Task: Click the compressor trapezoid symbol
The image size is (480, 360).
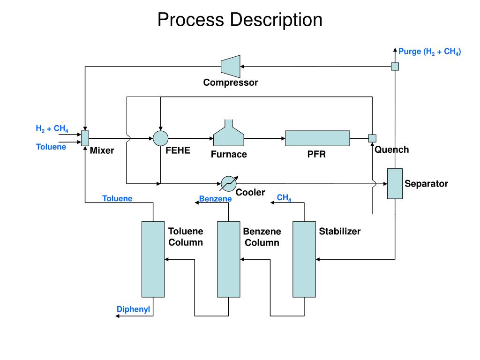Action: click(231, 67)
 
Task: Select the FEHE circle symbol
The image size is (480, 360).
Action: click(161, 138)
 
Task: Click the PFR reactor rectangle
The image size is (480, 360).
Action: click(317, 138)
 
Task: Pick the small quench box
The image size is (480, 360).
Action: click(372, 138)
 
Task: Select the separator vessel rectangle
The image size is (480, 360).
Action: click(395, 184)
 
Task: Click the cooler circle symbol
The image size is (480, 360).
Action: click(229, 184)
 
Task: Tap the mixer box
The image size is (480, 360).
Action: click(85, 138)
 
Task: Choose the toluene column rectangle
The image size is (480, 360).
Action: click(153, 259)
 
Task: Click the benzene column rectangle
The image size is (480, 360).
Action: click(229, 259)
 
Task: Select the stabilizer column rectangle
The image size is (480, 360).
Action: click(304, 259)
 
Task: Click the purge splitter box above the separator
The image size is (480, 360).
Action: click(395, 67)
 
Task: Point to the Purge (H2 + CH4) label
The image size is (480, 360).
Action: click(429, 52)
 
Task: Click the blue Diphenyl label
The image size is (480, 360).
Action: click(133, 309)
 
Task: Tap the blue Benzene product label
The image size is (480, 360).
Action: click(215, 199)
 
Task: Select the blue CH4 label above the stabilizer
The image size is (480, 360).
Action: click(284, 198)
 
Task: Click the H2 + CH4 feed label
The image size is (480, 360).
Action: click(52, 128)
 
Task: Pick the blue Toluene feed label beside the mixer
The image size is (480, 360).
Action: click(51, 147)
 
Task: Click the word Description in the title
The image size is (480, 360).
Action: click(276, 20)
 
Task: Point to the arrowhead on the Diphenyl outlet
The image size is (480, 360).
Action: click(117, 316)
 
